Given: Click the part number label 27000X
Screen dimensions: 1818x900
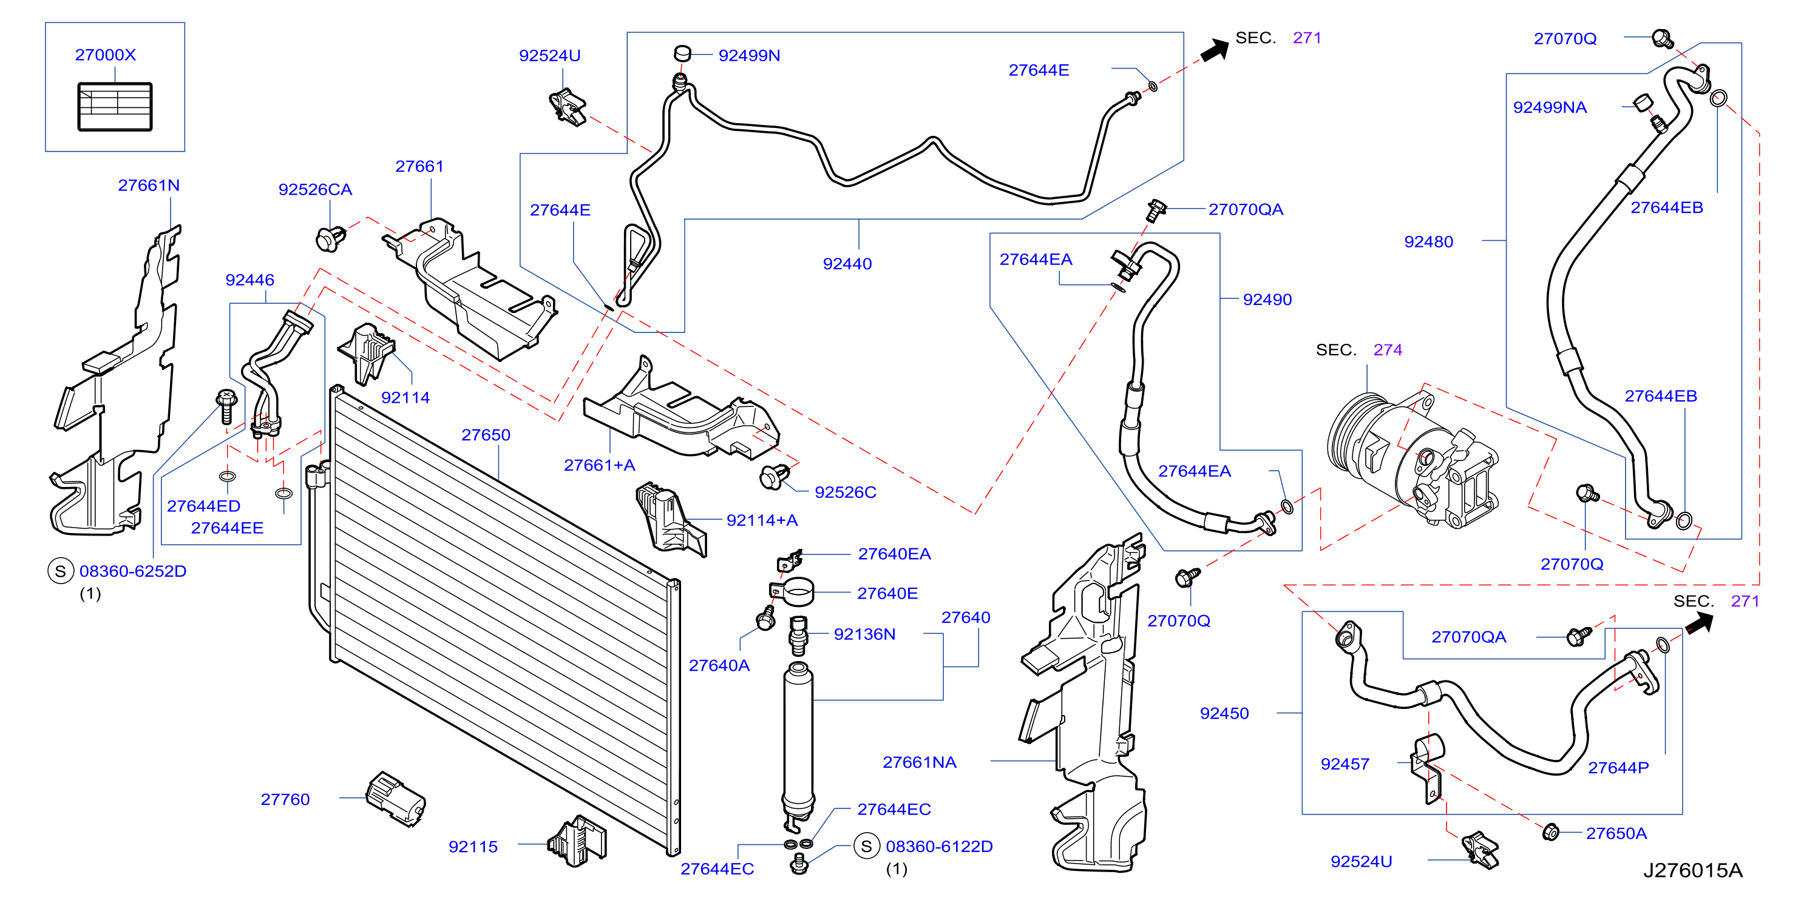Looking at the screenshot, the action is tap(105, 55).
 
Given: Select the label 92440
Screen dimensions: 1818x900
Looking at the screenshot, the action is tap(847, 264).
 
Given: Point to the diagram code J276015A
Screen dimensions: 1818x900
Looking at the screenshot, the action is tap(1692, 870).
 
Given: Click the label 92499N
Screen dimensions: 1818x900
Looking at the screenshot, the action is tap(749, 55).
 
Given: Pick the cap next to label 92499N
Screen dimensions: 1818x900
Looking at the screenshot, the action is tap(682, 52).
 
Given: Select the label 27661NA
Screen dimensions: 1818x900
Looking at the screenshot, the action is tap(919, 762).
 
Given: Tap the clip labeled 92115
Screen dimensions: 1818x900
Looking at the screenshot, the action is tap(577, 841).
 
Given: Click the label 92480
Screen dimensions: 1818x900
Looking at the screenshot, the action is tap(1428, 242).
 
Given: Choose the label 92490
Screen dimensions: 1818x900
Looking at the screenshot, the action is tap(1267, 299).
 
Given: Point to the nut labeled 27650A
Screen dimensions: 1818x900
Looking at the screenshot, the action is tap(1550, 831).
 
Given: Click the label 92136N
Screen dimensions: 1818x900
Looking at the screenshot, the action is tap(864, 634).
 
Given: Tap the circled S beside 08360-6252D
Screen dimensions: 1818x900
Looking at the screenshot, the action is tap(61, 571).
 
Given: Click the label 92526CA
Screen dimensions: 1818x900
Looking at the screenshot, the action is tap(315, 189).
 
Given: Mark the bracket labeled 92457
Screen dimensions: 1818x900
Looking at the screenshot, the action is tap(1427, 768).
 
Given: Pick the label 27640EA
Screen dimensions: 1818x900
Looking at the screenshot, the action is tap(894, 554).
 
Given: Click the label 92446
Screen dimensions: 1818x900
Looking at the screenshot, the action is tap(250, 280).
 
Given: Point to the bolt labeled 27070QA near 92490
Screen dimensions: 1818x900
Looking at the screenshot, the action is tap(1155, 210).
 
